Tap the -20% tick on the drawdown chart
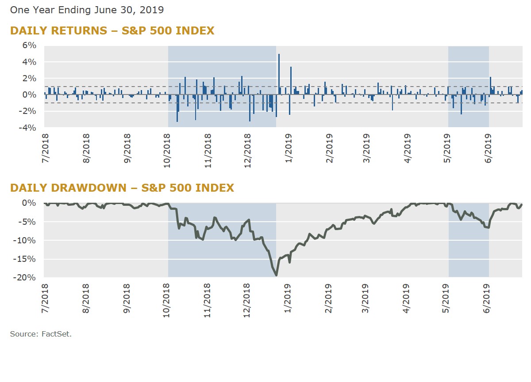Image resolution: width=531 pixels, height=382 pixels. [x=26, y=277]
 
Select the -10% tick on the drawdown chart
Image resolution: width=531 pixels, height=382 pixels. [x=26, y=240]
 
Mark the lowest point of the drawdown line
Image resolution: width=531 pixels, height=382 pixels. [x=277, y=276]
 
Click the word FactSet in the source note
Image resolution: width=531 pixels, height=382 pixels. [x=58, y=334]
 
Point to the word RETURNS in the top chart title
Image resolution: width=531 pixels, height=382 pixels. [x=78, y=31]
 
